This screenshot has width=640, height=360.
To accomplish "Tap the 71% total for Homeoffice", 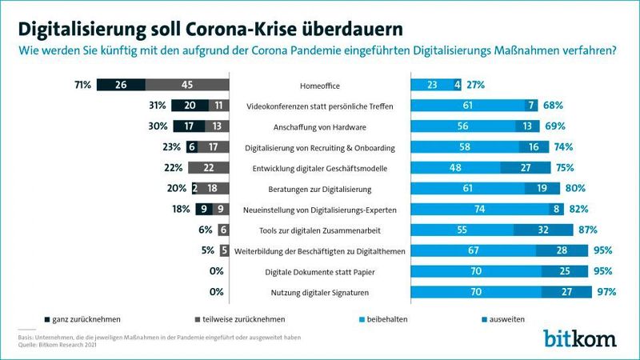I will pos(83,85).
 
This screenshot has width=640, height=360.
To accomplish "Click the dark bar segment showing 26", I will pos(122,85).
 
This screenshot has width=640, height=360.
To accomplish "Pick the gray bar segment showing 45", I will pos(187,85).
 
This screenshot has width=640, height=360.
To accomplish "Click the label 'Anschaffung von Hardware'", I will pos(320,126).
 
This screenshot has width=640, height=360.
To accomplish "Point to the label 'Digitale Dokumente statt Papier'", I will pos(320,271).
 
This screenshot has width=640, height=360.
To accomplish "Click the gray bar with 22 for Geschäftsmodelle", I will pos(208,167).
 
